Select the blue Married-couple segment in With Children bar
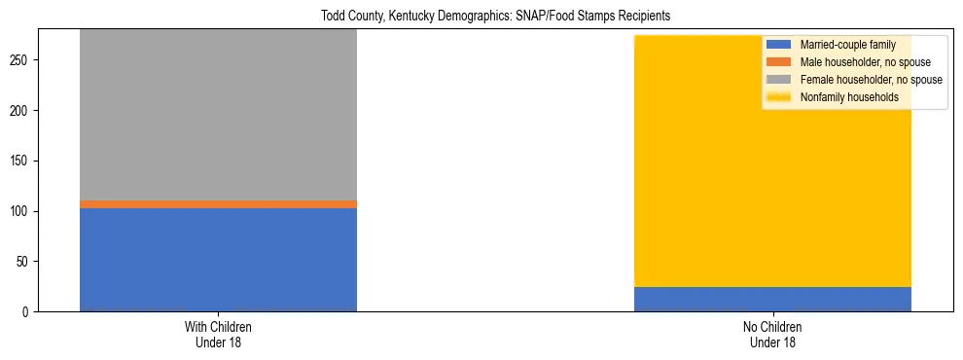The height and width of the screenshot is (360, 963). pos(218,259)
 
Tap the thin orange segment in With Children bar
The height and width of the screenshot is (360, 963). pos(218,204)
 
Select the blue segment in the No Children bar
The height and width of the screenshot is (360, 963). pos(772,299)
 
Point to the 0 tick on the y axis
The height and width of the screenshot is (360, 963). pos(27,312)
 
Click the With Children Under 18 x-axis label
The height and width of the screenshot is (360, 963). pos(218,334)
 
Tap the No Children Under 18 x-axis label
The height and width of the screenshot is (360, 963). pos(772,334)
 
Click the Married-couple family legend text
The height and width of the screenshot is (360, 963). pos(847,45)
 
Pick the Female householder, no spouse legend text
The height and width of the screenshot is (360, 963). pos(871,80)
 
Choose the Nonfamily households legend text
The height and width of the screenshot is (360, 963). pos(849,97)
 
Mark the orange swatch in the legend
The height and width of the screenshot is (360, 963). pos(779,62)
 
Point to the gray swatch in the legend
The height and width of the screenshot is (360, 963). pos(779,80)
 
